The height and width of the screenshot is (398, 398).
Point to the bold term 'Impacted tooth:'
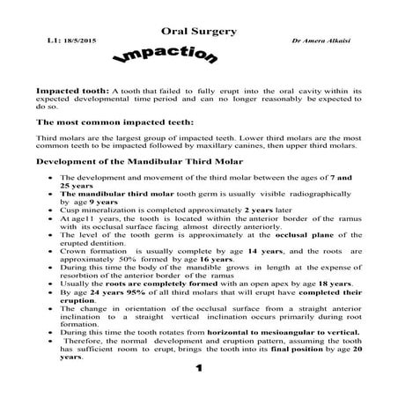click(x=72, y=90)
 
